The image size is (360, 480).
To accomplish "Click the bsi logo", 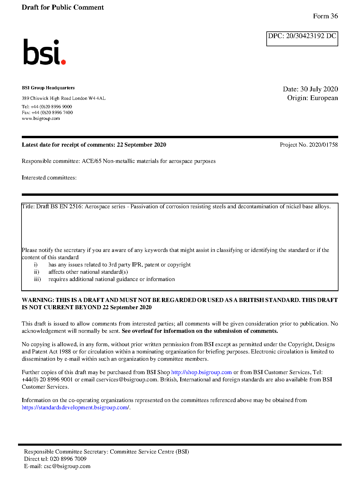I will [x=44, y=52].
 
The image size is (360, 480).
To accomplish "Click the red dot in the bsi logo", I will [x=63, y=62].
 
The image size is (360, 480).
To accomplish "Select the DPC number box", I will [x=302, y=39].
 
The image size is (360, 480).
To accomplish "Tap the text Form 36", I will [x=325, y=16].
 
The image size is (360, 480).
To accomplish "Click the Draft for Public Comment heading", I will [x=63, y=8].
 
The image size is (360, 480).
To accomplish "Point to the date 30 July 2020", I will [x=319, y=89].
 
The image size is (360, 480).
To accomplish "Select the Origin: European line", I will [x=312, y=98].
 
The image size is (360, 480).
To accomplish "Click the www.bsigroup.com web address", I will [x=41, y=118].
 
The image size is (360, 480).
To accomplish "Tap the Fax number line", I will [x=47, y=113].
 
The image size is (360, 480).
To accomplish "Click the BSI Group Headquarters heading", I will [x=48, y=88].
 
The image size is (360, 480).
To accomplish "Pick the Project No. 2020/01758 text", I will [x=309, y=145].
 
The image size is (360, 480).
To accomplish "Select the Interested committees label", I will [x=49, y=178].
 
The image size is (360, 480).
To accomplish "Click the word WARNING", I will [x=38, y=300].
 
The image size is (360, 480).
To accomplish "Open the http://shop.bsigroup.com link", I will [x=201, y=372].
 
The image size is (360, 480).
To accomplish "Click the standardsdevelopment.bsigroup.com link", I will [x=75, y=408].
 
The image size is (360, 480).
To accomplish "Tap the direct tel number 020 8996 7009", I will [x=68, y=459].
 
